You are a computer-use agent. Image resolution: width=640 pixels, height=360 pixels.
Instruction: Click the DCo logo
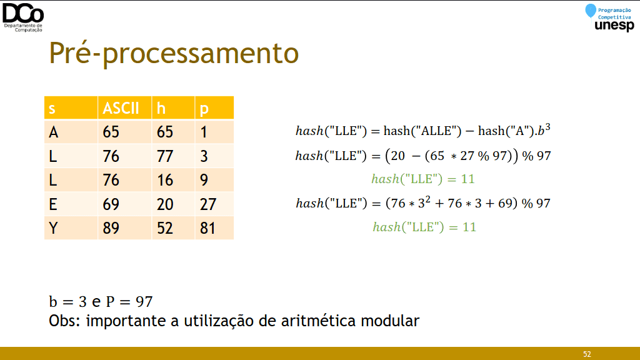pos(23,17)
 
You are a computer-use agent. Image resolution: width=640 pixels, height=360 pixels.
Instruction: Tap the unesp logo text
pos(614,25)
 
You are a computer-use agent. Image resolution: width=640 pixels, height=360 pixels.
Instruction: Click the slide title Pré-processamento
pos(174,53)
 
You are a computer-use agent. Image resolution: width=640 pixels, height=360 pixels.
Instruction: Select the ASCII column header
pos(121,108)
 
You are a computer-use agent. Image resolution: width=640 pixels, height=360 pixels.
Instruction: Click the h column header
pos(161,108)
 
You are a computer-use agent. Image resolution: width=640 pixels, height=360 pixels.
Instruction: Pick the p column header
pos(204,109)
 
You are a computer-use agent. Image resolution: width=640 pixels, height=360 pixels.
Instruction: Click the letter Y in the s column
pos(53,227)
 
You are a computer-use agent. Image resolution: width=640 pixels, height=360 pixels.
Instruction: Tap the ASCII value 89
pos(111,227)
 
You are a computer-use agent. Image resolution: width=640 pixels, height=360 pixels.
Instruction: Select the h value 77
pos(165,156)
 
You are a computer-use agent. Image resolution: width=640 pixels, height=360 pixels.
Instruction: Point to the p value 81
pos(207,227)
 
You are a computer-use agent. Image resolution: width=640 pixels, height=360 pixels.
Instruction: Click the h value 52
pos(165,227)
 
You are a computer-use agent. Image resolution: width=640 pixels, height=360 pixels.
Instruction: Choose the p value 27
pos(207,204)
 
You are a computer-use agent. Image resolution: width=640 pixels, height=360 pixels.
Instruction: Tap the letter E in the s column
pos(53,204)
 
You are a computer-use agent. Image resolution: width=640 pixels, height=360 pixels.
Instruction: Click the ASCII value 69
pos(111,204)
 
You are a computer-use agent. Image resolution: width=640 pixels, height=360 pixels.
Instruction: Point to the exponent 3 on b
pos(547,127)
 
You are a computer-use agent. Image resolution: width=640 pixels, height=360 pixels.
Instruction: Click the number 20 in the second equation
pos(397,156)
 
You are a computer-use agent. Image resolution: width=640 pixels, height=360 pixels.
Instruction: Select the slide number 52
pos(587,354)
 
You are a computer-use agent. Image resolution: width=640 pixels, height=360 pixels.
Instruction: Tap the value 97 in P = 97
pos(144,302)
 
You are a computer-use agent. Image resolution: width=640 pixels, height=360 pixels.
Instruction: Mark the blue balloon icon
pos(590,11)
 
